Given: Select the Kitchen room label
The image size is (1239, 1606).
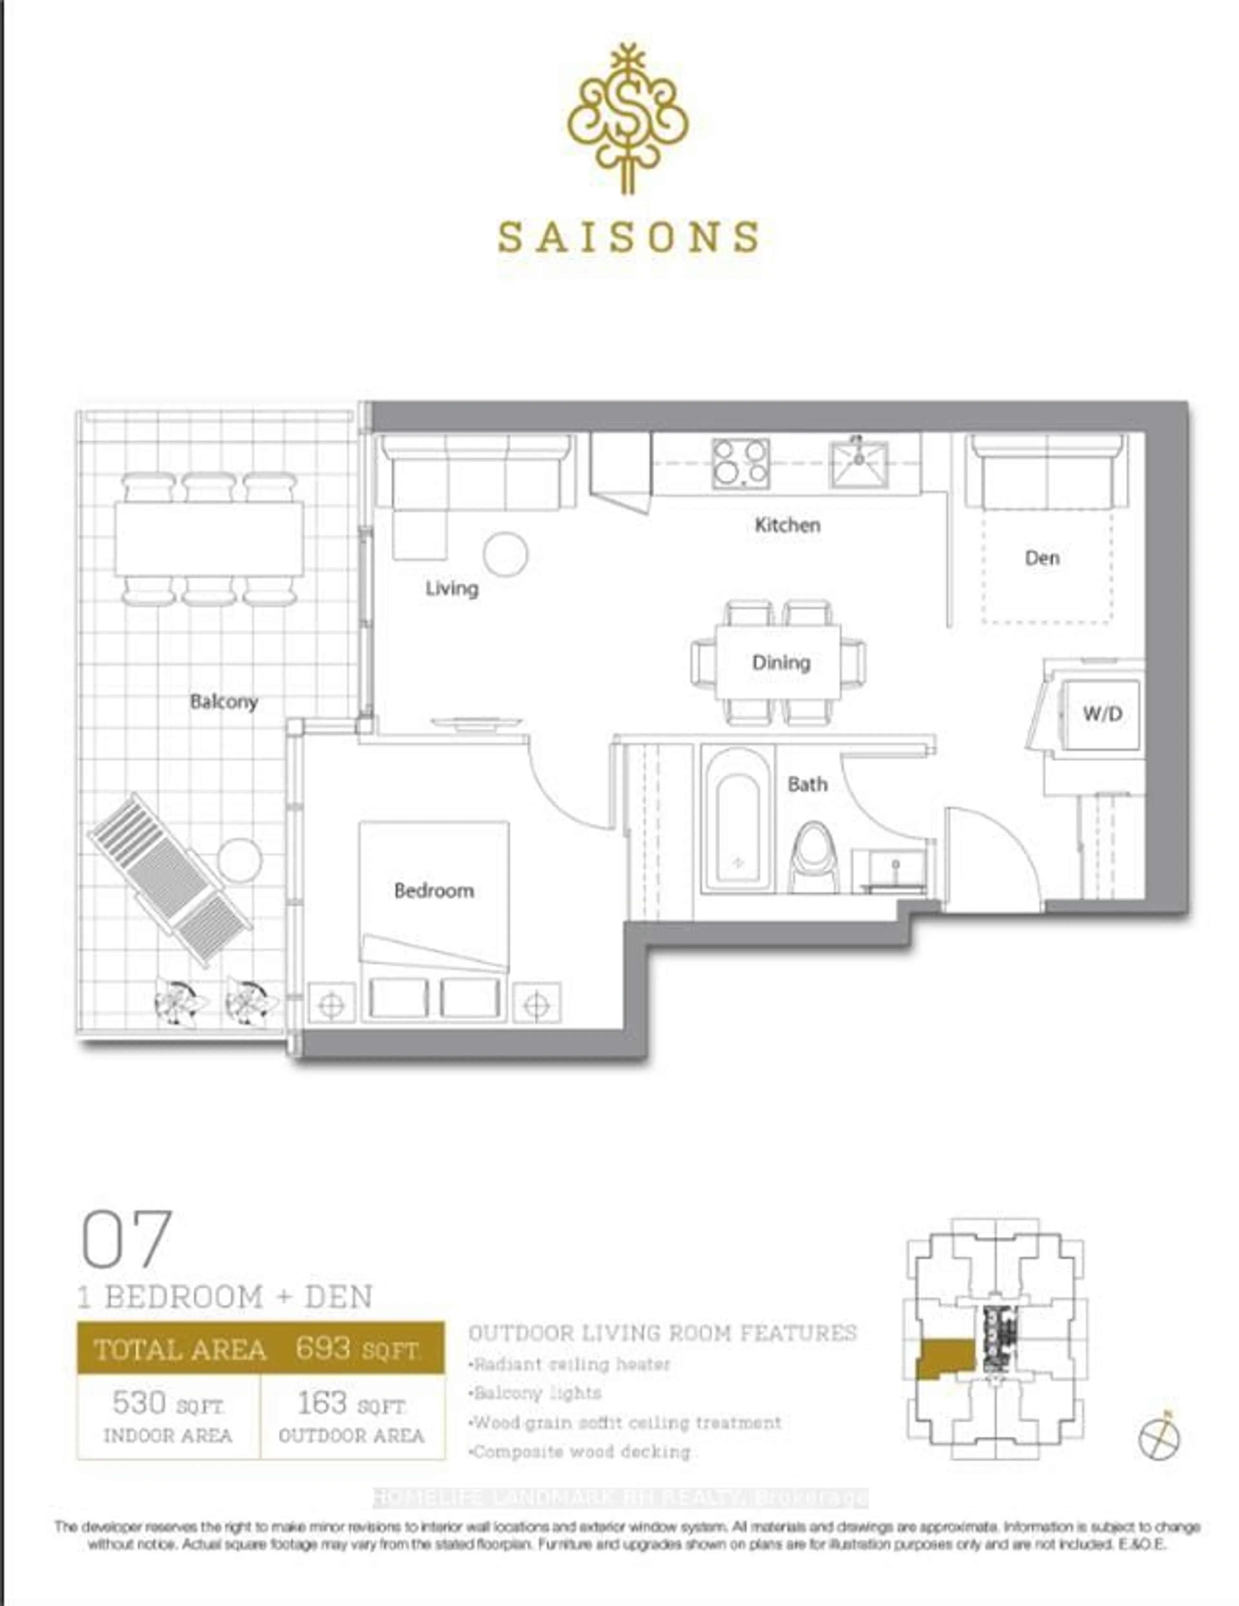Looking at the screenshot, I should (787, 525).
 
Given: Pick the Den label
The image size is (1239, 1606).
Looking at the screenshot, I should (1042, 558).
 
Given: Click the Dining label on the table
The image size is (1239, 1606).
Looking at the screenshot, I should (780, 663).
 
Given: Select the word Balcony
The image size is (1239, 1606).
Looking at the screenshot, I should (224, 702).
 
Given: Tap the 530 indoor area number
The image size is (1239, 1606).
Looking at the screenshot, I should (139, 1403).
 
